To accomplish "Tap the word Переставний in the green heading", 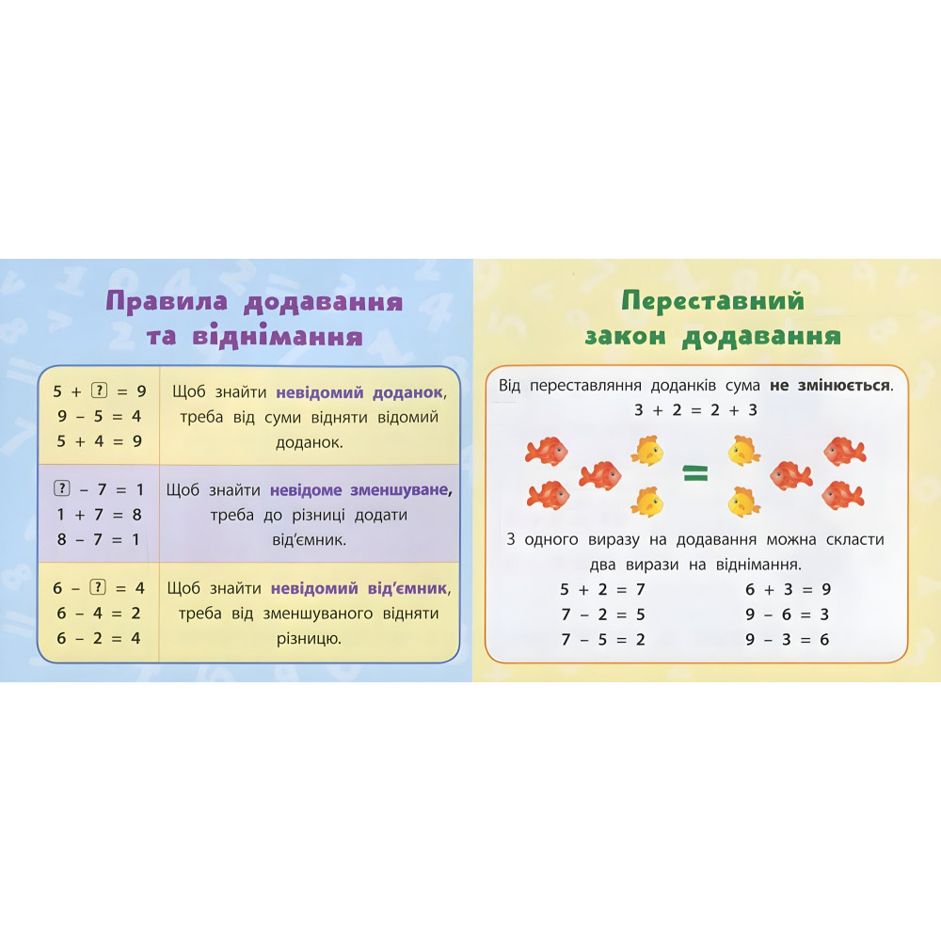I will point(713,301).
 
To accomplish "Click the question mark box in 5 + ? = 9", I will point(96,389).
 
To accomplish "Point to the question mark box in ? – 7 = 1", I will point(62,488).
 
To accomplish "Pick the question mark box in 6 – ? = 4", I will point(96,588).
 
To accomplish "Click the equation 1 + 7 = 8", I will point(98,515).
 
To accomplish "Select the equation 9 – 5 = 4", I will point(98,415).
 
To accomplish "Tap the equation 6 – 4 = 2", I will point(98,614).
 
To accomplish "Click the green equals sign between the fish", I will point(694,476).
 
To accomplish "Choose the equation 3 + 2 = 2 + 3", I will point(695,411).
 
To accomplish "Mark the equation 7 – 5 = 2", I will point(602,640).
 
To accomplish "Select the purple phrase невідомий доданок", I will point(359,391).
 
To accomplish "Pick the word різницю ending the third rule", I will point(309,639).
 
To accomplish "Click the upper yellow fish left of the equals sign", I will point(646,451).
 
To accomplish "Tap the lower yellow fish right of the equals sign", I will point(744,502).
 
